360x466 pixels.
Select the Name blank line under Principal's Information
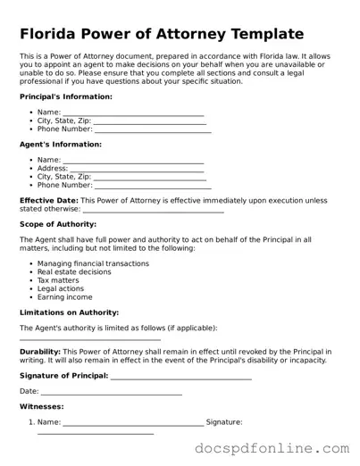133,112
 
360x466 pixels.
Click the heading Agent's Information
60,144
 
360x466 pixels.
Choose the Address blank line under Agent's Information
137,169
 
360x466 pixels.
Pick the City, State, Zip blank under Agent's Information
148,177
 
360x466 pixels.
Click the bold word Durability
39,352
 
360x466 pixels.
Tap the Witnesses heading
41,407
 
